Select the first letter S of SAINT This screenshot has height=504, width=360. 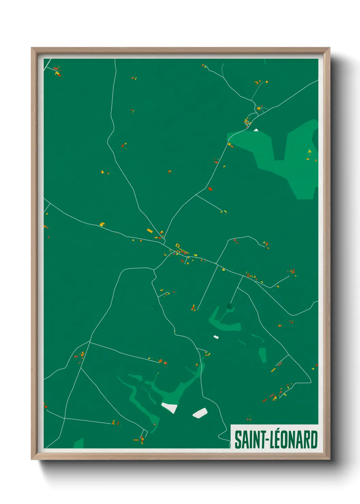click(238, 440)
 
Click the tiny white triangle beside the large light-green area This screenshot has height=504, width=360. click(256, 130)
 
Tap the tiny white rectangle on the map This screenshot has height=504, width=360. click(216, 337)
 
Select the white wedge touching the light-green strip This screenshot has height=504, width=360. click(169, 407)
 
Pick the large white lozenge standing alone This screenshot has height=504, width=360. click(200, 413)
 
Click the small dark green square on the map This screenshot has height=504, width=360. click(229, 306)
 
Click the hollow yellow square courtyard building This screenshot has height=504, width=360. click(177, 245)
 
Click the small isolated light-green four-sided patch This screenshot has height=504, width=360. click(262, 355)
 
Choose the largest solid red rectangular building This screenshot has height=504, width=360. click(210, 189)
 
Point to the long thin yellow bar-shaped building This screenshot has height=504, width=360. click(273, 369)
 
